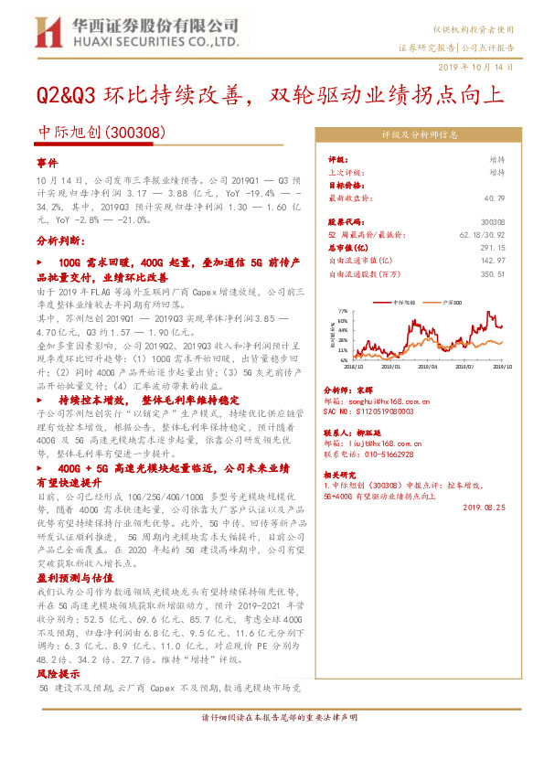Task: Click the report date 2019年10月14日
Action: point(482,68)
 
